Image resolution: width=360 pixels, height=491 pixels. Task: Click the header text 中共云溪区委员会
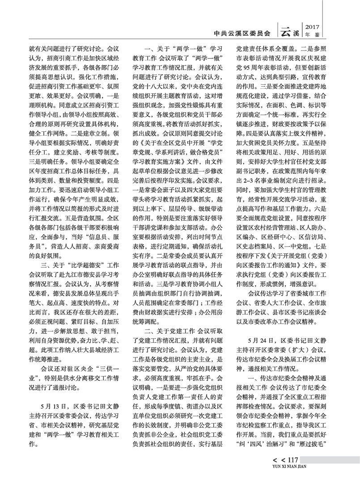[243, 33]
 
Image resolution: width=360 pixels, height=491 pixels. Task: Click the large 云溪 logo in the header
[290, 32]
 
